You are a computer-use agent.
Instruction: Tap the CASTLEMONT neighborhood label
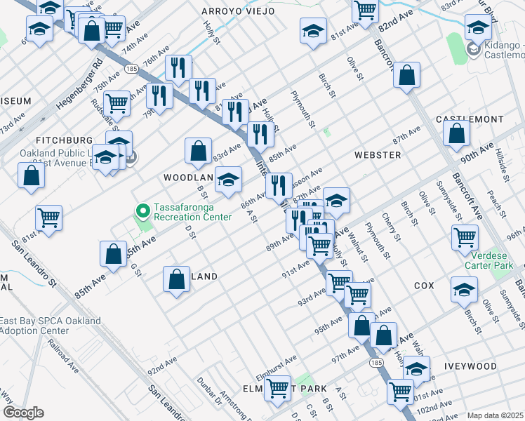[x=470, y=120]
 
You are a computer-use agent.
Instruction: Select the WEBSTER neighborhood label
[x=378, y=154]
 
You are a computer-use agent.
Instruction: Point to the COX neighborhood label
[x=425, y=286]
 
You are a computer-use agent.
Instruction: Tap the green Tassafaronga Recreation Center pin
[x=143, y=210]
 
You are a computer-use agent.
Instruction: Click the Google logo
[x=23, y=413]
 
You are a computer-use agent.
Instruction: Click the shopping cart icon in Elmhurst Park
[x=278, y=387]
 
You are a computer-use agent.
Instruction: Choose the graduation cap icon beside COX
[x=464, y=289]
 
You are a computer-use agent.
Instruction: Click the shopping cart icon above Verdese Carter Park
[x=465, y=238]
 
